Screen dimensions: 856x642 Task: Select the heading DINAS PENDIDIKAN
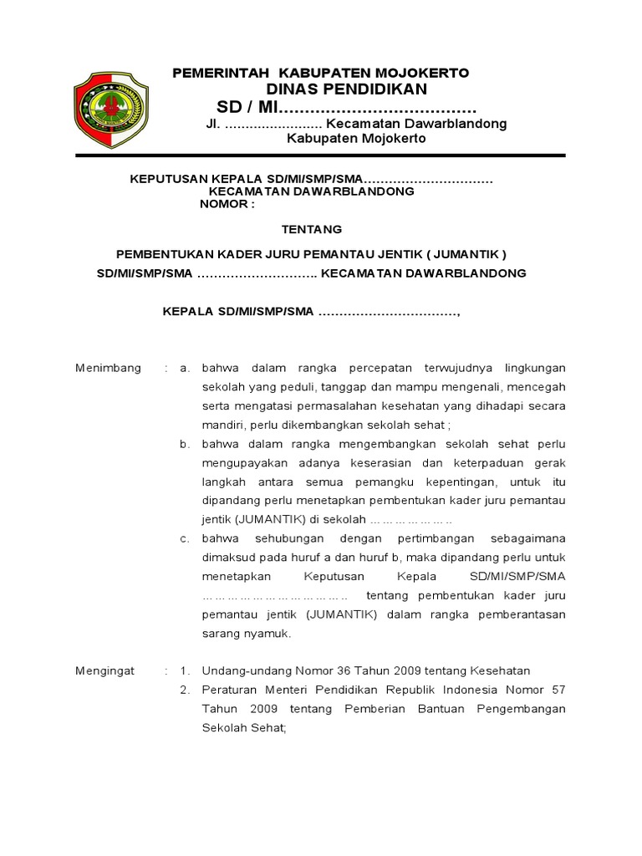tap(347, 89)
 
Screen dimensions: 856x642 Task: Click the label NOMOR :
tap(227, 204)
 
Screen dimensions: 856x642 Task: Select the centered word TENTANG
tap(311, 229)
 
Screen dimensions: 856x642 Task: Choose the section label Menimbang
tap(109, 368)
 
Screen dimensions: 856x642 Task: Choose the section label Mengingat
tap(105, 670)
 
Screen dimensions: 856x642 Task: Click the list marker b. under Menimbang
tap(186, 443)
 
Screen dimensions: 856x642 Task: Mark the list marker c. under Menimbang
tap(186, 538)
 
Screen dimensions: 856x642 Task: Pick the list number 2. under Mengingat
tap(186, 690)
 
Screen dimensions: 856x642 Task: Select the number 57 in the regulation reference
tap(558, 690)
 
